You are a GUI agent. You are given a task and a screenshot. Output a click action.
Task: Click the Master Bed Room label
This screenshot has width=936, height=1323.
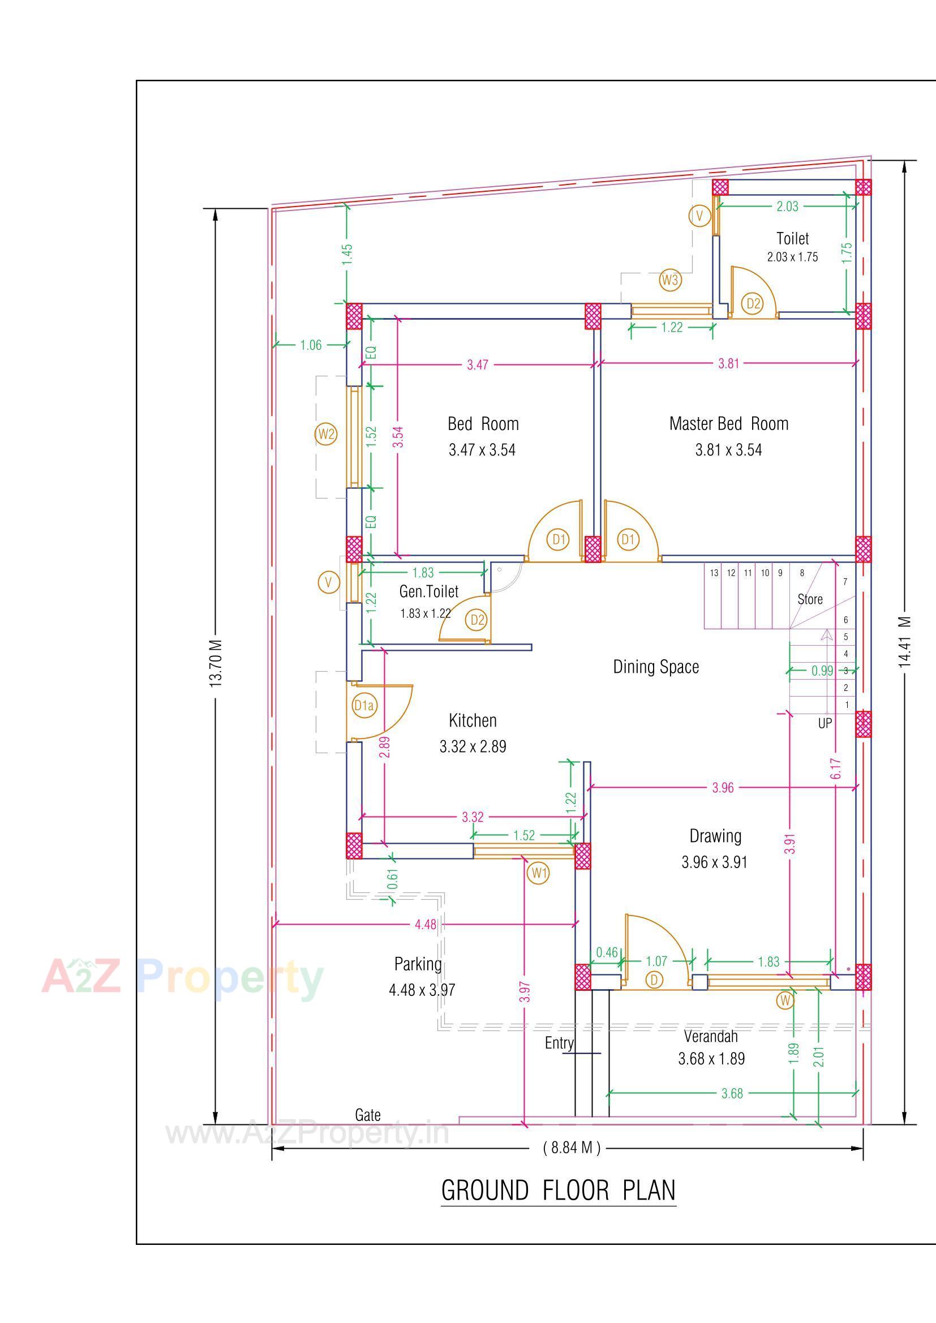[728, 424]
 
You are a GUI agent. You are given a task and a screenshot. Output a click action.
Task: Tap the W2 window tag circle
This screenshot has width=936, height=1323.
[326, 434]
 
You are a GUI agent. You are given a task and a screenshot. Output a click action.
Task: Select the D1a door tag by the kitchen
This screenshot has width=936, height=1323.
[364, 705]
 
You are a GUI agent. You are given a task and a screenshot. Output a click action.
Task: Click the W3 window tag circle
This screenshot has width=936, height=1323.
[669, 281]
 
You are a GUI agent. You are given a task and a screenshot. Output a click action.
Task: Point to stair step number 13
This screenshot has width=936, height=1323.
[714, 573]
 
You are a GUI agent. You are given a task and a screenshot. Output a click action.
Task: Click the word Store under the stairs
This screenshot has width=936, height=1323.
[810, 599]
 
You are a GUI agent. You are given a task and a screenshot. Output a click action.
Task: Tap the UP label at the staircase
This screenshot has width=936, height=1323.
[825, 723]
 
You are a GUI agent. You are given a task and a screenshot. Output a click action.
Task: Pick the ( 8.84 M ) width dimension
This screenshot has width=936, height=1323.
[572, 1148]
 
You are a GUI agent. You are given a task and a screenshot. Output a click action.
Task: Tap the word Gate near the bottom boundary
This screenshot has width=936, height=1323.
[368, 1115]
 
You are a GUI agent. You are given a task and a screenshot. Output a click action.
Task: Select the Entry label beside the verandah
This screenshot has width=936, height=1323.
[559, 1043]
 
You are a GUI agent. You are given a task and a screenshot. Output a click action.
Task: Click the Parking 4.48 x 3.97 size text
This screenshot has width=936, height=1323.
[422, 990]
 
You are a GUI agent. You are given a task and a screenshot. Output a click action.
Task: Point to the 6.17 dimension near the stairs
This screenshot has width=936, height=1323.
[836, 768]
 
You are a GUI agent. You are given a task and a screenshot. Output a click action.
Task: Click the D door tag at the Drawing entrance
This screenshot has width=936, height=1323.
[654, 980]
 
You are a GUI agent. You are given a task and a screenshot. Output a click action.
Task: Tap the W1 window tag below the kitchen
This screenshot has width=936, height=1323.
[538, 873]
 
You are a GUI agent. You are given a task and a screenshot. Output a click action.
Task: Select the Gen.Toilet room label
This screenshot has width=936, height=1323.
[429, 592]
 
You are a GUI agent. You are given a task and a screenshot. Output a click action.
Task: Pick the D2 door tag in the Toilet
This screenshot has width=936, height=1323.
[753, 304]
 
